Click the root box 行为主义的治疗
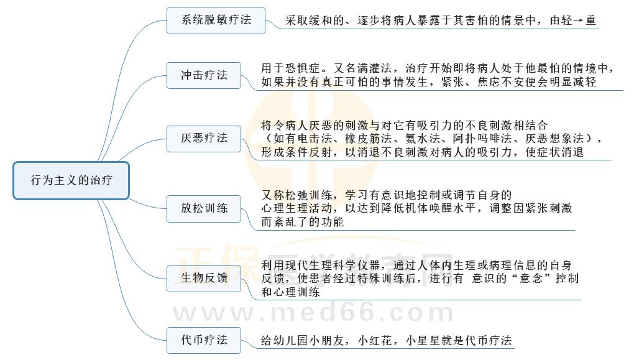pyautogui.click(x=71, y=180)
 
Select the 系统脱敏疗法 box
pyautogui.click(x=216, y=21)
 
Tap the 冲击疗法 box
pyautogui.click(x=204, y=75)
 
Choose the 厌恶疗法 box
pyautogui.click(x=204, y=138)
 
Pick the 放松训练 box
pyautogui.click(x=204, y=208)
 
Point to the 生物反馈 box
pyautogui.click(x=204, y=279)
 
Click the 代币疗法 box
pyautogui.click(x=204, y=340)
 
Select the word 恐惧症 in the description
pyautogui.click(x=303, y=68)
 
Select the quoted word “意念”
pyautogui.click(x=531, y=279)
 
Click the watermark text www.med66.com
pyautogui.click(x=314, y=313)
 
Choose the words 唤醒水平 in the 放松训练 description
pyautogui.click(x=452, y=209)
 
